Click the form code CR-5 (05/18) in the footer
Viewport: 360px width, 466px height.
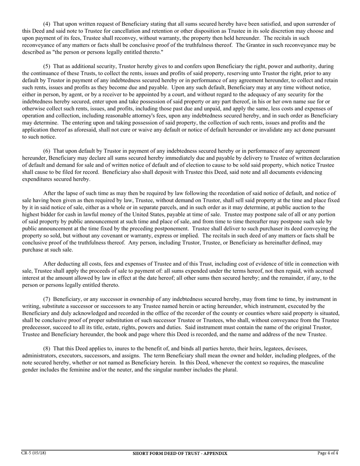point(34,453)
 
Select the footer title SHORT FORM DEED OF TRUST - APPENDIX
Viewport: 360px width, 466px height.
point(180,453)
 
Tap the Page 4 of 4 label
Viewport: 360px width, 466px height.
point(328,453)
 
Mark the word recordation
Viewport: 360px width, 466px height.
point(211,194)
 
